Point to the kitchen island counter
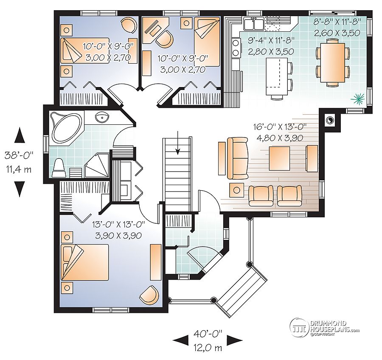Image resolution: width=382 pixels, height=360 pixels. [x=275, y=76]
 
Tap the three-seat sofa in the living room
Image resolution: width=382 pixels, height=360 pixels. [x=238, y=158]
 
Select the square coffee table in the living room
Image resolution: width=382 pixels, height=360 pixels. [x=280, y=158]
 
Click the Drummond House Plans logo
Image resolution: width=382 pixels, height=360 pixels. [x=325, y=326]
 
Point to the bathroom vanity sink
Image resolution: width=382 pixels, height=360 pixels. [x=101, y=117]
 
